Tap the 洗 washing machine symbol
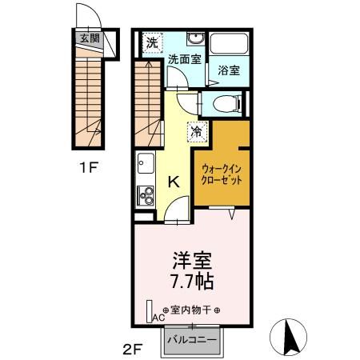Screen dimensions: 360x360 tap(150, 42)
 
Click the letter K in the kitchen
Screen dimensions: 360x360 tap(172, 182)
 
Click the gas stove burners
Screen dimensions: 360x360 tap(145, 194)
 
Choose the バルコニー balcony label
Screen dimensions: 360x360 tap(192, 341)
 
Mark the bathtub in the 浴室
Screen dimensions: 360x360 tap(230, 44)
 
